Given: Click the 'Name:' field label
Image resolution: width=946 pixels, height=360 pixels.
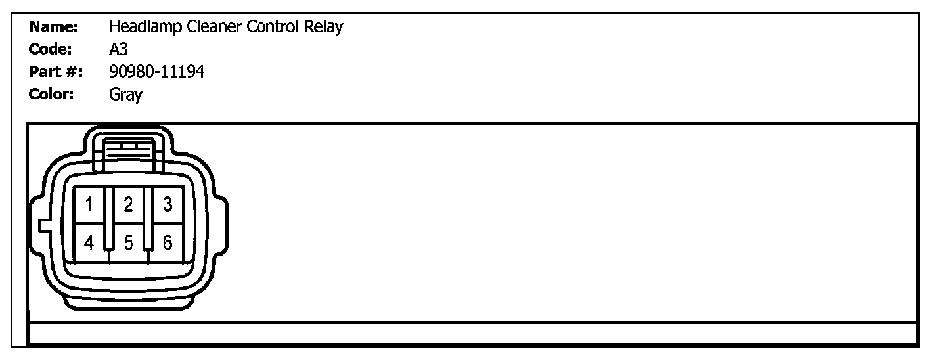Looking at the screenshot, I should coord(54,28).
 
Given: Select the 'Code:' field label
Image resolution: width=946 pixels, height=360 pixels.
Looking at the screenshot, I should coord(51,50).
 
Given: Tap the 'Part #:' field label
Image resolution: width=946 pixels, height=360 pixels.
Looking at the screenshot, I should coord(56,72).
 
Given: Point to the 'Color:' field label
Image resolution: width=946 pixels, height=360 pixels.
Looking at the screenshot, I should coord(51,94).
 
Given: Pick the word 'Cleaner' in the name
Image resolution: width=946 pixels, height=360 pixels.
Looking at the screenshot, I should coord(207,28).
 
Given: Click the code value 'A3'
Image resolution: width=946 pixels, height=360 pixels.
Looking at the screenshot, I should coord(119,50).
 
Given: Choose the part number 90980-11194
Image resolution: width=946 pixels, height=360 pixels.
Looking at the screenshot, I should coord(156,72).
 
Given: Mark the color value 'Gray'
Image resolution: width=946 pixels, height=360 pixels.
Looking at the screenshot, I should coord(125,95).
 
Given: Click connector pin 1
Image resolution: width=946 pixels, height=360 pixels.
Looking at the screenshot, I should coord(89,205).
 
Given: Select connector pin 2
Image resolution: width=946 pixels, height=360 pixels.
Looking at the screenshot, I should coord(129,205).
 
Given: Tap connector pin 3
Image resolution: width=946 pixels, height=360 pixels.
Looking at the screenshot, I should coord(168,205).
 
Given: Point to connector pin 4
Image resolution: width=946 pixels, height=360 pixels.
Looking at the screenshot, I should coord(89,243).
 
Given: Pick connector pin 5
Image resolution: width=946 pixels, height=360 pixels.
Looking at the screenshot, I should coord(129,243).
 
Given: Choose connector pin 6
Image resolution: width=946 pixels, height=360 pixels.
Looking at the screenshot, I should coord(168,243).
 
